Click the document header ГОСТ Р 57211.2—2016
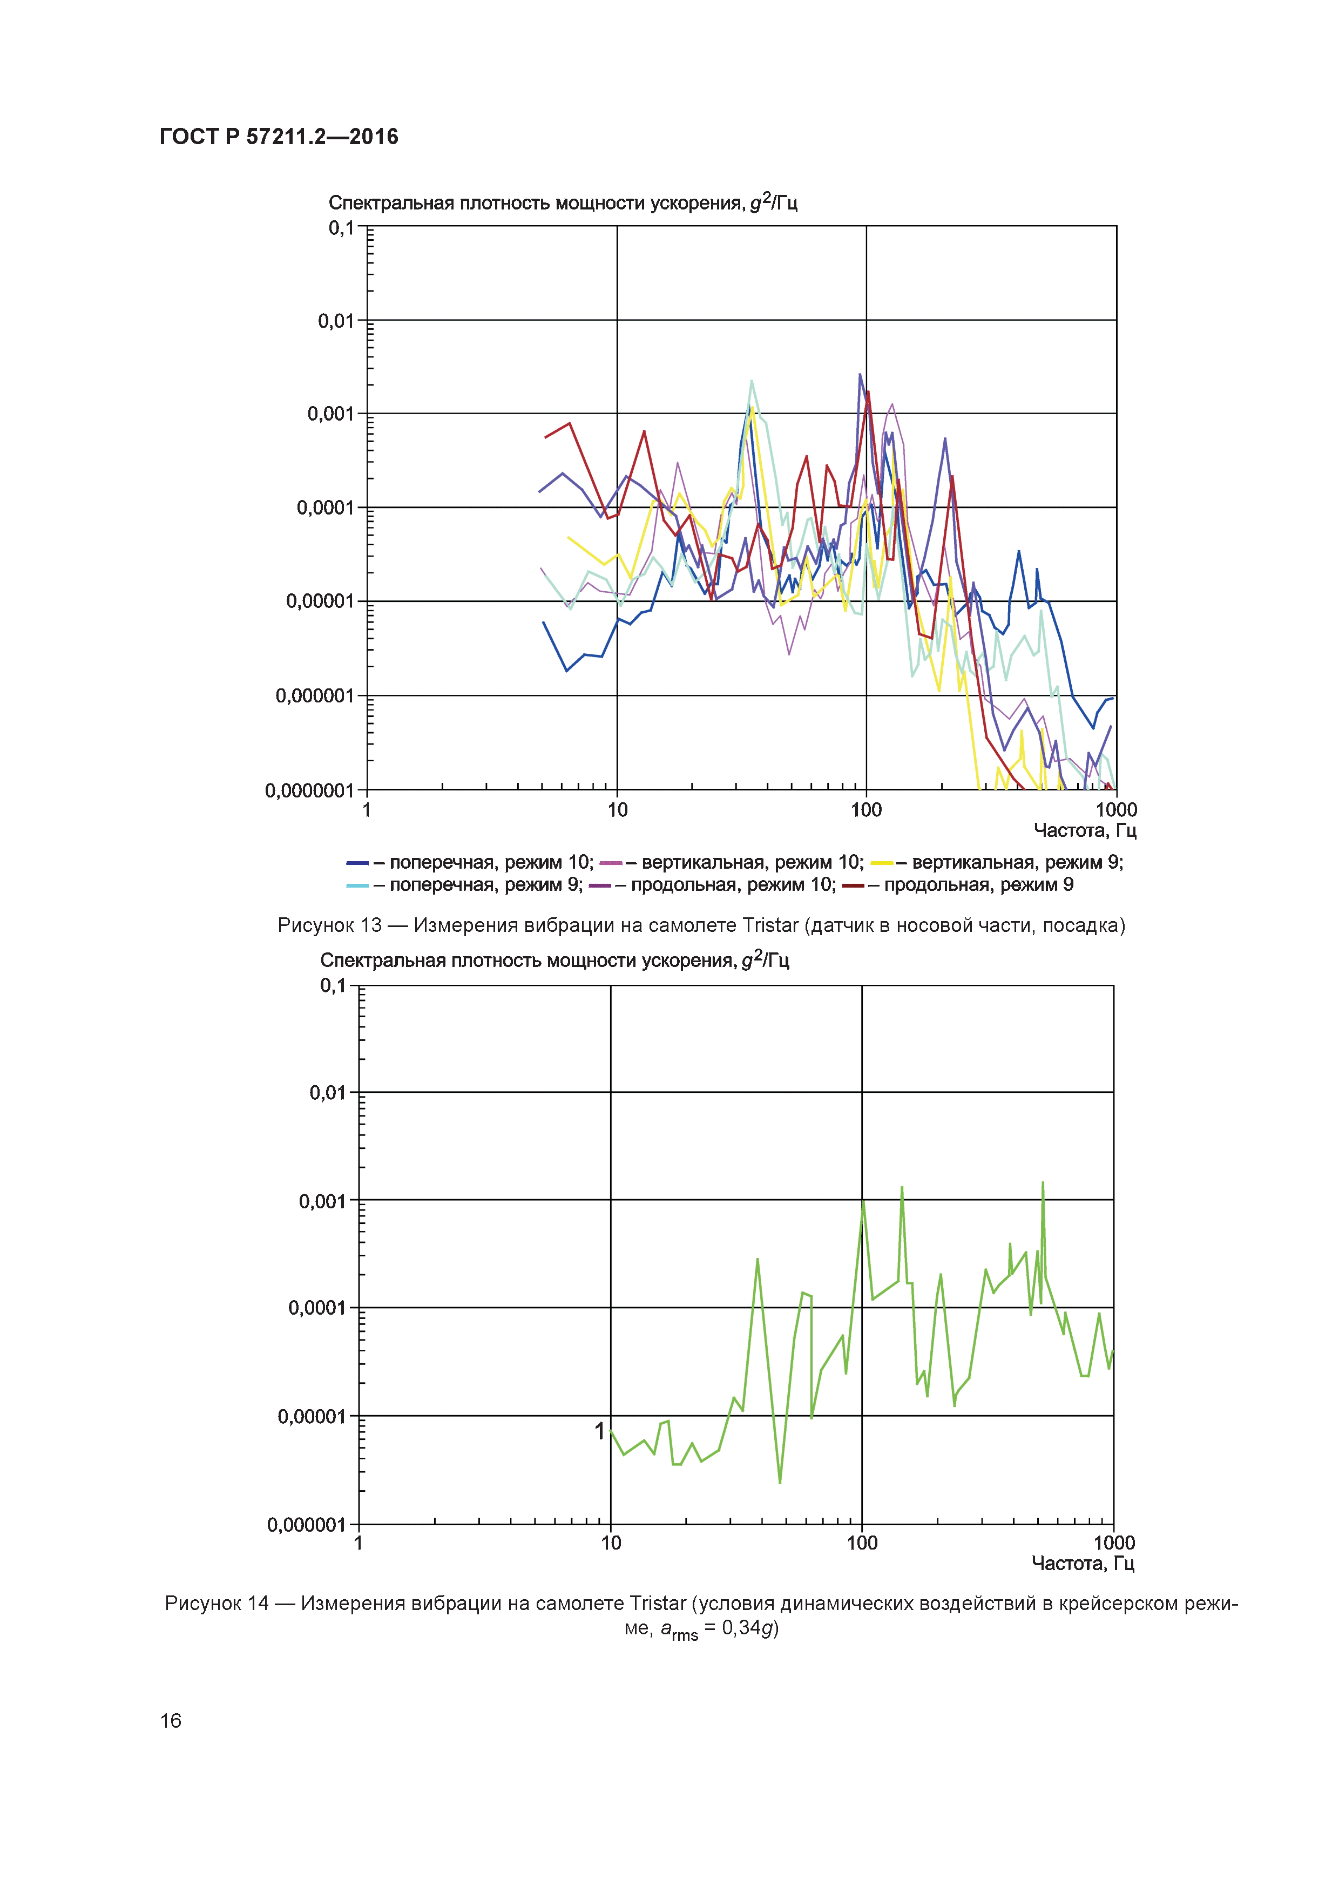(278, 137)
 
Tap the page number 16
(170, 1720)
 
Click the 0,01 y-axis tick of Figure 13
(336, 321)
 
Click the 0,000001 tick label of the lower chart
(306, 1525)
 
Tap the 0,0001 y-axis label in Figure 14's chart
(317, 1308)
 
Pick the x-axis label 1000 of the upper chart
(1115, 810)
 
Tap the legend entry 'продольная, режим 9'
(978, 885)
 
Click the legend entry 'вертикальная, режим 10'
(752, 863)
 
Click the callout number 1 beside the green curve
(600, 1431)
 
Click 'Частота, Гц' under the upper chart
(1085, 831)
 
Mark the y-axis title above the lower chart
(554, 960)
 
